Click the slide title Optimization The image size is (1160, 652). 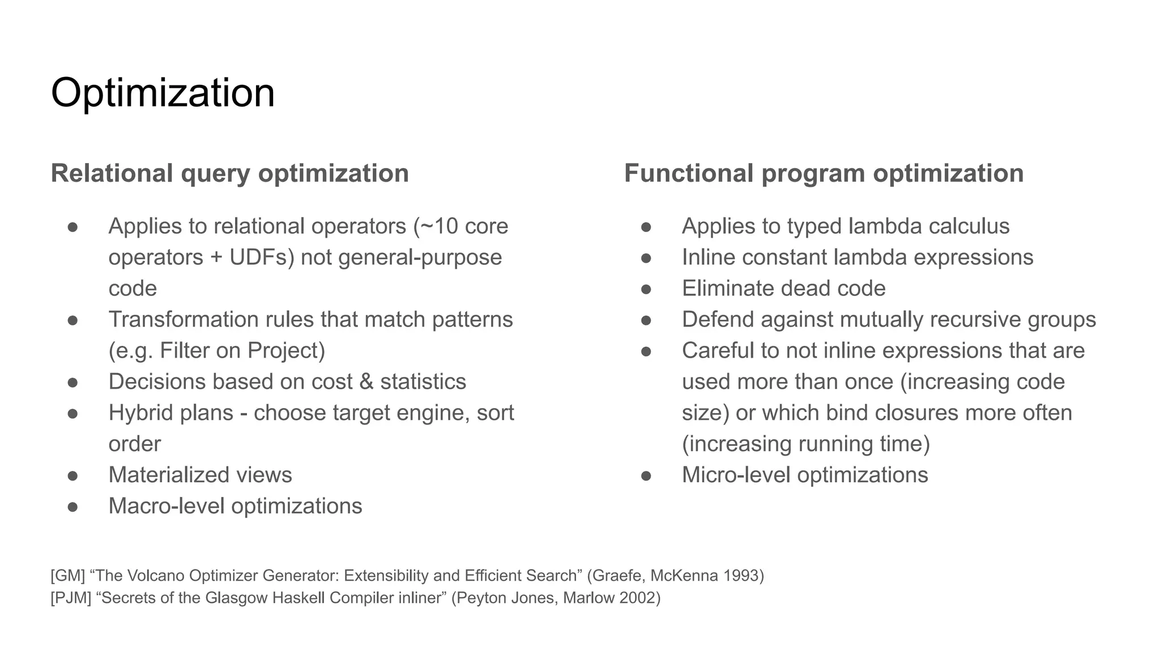[163, 93]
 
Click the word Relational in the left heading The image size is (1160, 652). [112, 173]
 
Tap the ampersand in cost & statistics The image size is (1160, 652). [366, 382]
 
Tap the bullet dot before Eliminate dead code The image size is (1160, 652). [646, 289]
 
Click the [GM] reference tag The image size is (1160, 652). [67, 576]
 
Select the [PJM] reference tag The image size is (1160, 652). [71, 598]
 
